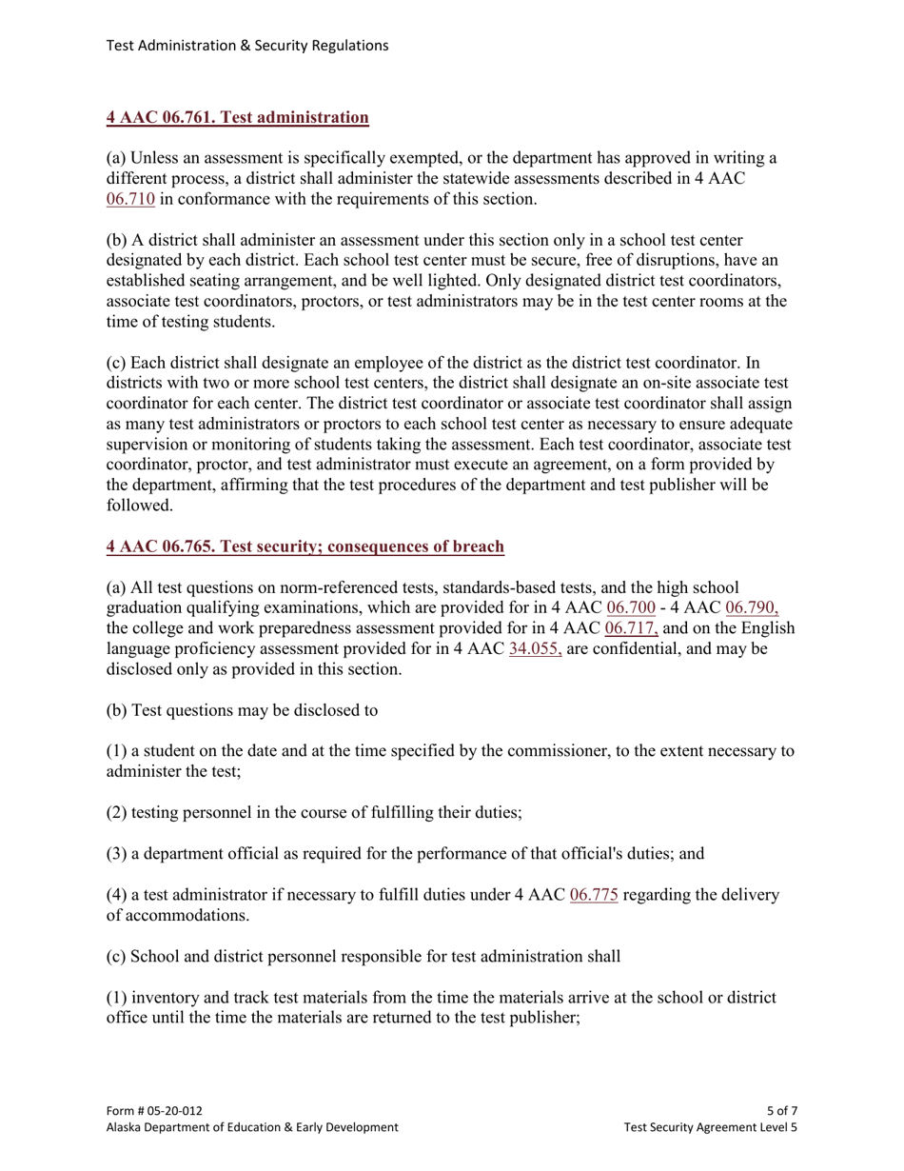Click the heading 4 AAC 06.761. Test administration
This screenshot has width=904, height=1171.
[x=237, y=118]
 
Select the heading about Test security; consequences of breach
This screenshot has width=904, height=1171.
[x=305, y=546]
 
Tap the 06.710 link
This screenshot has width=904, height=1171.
[x=130, y=199]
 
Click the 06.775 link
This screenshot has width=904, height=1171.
[x=594, y=895]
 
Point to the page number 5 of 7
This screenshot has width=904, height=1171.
[x=781, y=1110]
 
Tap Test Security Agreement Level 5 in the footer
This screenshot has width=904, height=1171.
[x=710, y=1127]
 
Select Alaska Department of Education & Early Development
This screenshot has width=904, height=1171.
[x=252, y=1127]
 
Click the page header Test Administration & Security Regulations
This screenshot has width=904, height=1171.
[x=246, y=45]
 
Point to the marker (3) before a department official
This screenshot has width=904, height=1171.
[x=116, y=854]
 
